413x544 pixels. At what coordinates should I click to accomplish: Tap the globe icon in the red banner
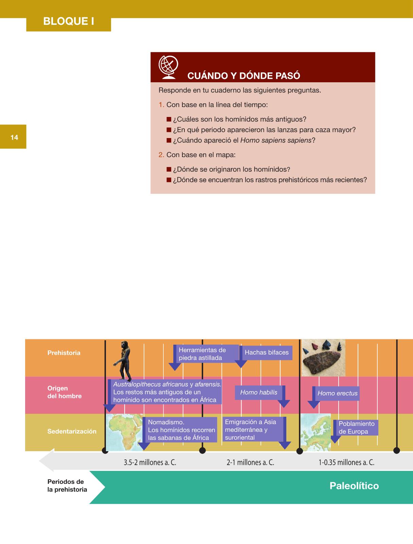pos(168,67)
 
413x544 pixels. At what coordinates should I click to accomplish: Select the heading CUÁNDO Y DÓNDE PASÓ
pos(244,75)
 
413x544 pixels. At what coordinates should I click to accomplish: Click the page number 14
pos(14,137)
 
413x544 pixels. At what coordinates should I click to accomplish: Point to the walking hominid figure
pos(123,361)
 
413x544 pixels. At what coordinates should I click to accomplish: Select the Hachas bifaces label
pos(266,353)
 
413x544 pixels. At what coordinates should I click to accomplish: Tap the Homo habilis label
pos(259,392)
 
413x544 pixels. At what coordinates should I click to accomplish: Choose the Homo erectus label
pos(337,393)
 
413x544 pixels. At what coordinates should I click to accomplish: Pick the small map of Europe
pos(316,432)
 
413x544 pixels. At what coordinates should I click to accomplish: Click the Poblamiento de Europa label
pos(356,427)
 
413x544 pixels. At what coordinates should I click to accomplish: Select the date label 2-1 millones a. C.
pos(250,462)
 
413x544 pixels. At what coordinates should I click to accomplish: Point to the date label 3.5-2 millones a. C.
pos(150,462)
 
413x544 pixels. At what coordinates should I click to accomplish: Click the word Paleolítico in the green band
pos(354,486)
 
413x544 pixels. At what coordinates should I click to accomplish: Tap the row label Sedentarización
pos(72,431)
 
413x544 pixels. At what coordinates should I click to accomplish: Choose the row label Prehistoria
pos(64,353)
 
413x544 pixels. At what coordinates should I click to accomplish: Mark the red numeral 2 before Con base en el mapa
pos(161,155)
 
